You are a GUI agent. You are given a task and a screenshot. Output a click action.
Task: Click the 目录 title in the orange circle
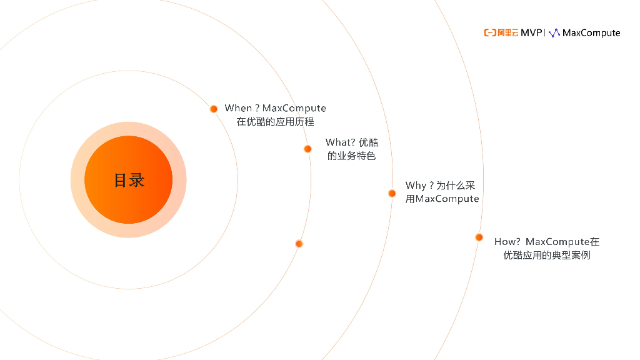click(x=129, y=180)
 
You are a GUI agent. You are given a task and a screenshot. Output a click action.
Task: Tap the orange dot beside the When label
click(x=213, y=109)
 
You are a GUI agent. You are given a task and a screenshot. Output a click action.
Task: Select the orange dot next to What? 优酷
click(x=307, y=149)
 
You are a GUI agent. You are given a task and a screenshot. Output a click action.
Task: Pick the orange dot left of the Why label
click(x=392, y=193)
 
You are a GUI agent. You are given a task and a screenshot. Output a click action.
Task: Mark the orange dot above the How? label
click(x=479, y=237)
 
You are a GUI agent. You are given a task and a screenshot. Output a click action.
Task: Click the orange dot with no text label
click(x=299, y=244)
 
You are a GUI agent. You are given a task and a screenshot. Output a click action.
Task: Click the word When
click(x=238, y=108)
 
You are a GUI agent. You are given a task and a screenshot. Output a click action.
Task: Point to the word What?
click(x=340, y=142)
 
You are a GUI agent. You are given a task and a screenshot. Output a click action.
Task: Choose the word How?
click(x=507, y=241)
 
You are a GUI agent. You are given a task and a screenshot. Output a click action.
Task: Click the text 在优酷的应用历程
click(x=275, y=122)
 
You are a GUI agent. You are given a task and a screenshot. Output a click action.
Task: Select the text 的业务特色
click(x=351, y=156)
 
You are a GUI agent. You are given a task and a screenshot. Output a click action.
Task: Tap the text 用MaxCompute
click(x=442, y=199)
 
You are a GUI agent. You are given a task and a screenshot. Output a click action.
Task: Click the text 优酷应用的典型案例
click(x=546, y=255)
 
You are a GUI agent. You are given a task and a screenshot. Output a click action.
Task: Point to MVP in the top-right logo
click(x=531, y=32)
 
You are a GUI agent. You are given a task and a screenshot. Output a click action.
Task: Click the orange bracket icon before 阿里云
click(x=490, y=32)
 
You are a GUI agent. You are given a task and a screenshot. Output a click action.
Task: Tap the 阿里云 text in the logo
click(x=508, y=32)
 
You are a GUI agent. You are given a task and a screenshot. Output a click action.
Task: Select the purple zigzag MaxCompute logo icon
click(x=554, y=32)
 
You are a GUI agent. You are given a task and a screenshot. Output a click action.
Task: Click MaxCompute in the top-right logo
click(x=591, y=32)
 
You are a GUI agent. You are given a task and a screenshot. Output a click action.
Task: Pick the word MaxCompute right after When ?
click(x=294, y=108)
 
